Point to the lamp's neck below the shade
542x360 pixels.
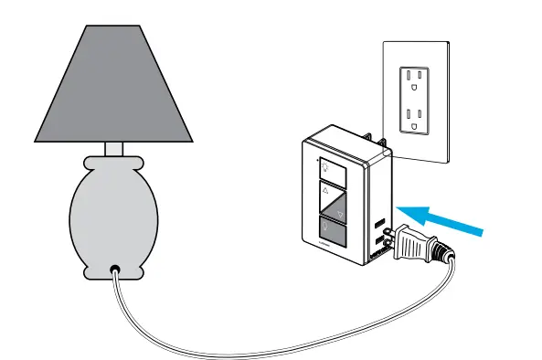[x=114, y=149]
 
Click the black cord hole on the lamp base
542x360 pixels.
[x=114, y=270]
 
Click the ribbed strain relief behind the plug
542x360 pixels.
[x=445, y=252]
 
